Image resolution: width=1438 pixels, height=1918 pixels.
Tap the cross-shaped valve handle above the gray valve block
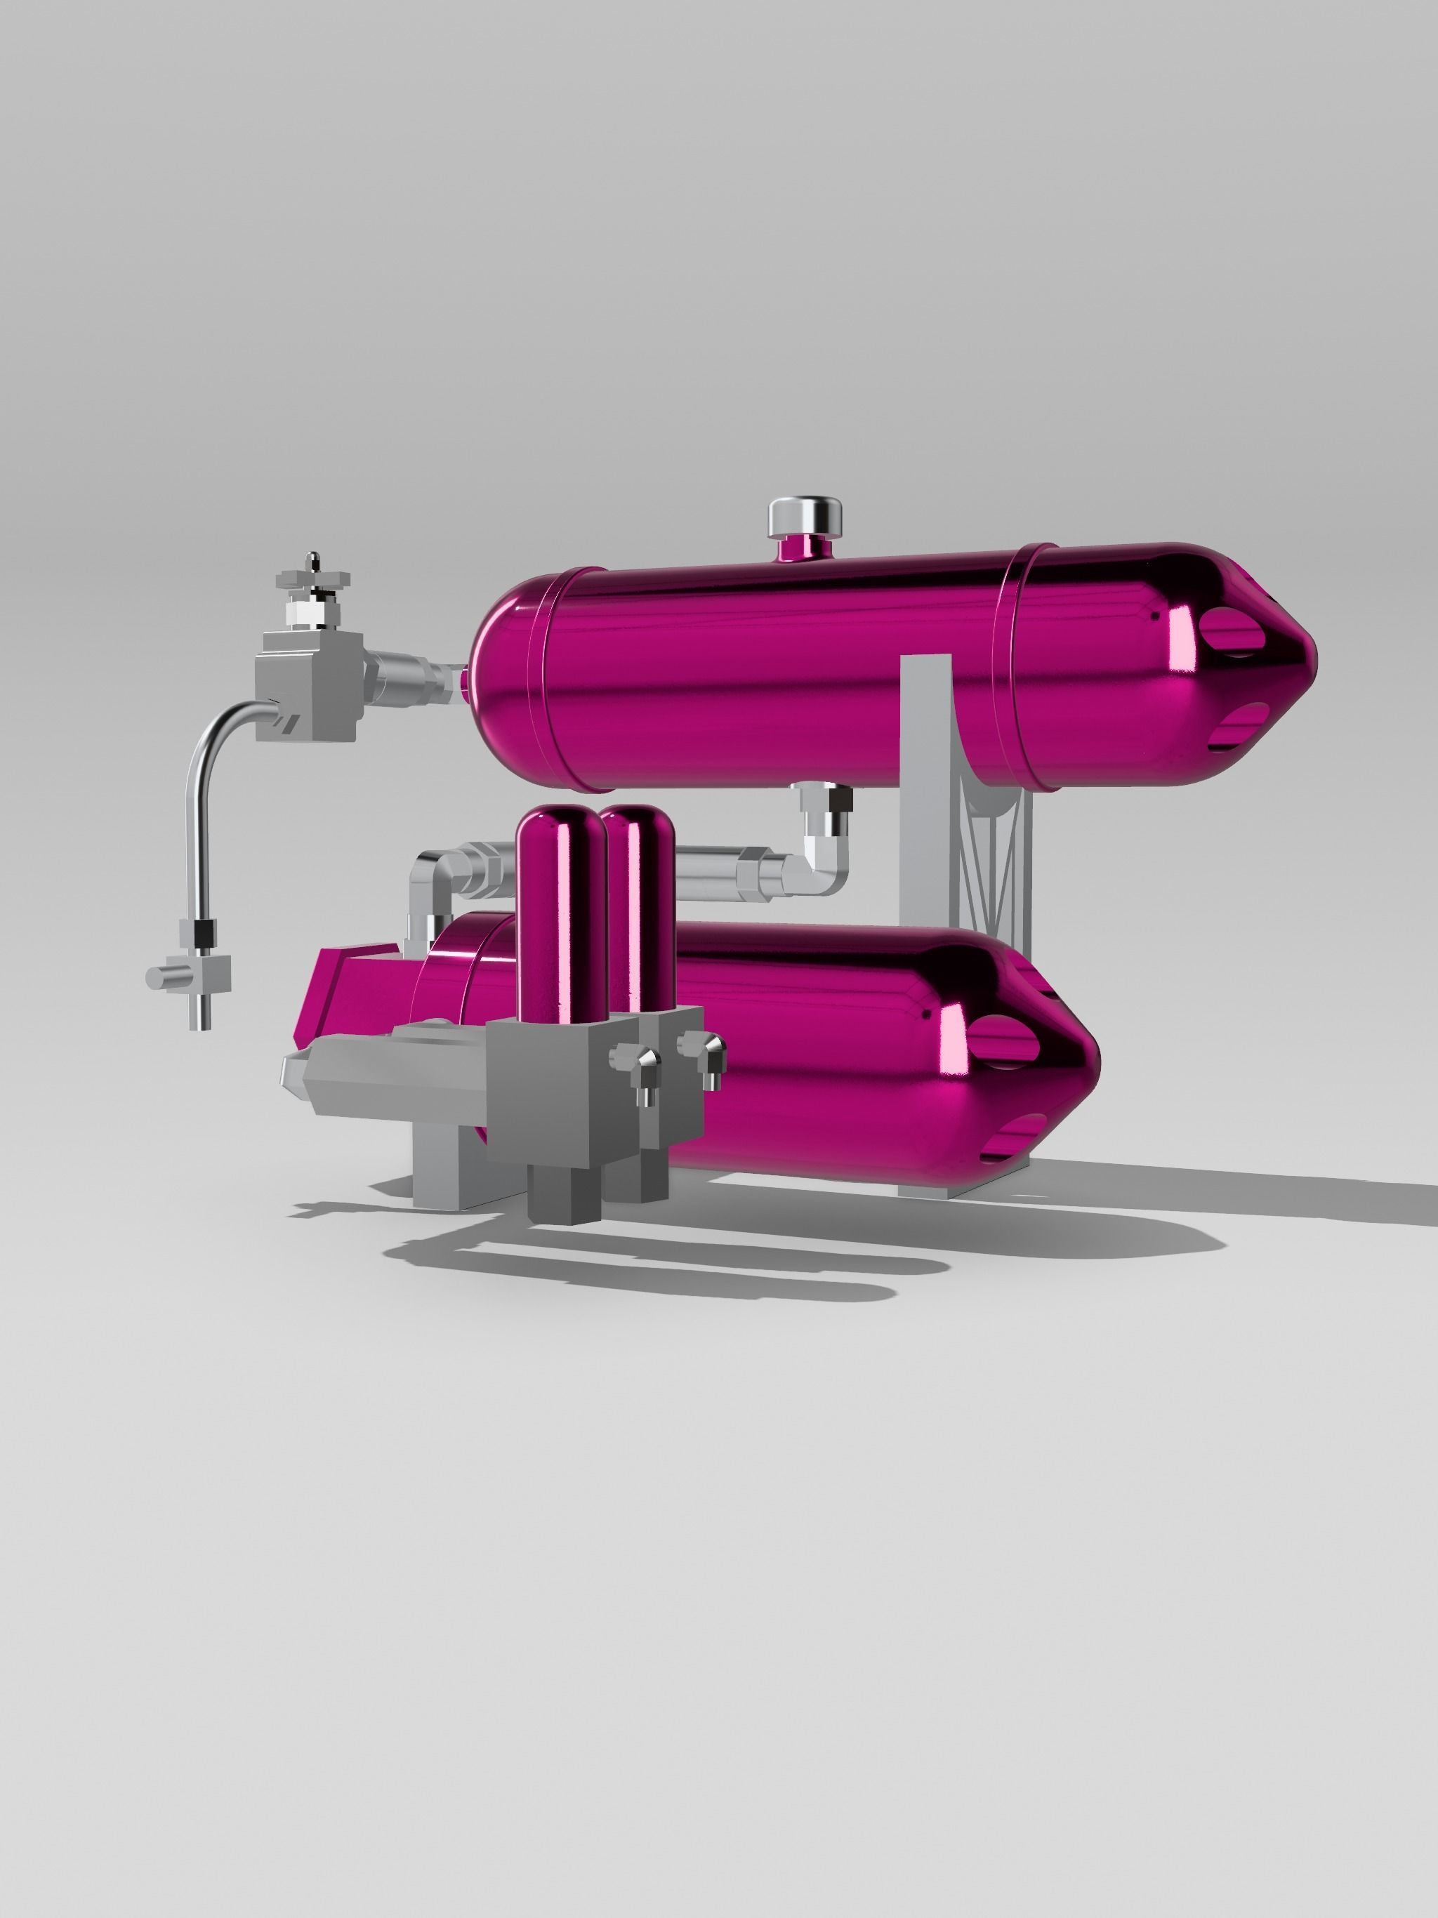tap(314, 579)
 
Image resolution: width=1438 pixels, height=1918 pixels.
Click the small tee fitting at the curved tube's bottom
tap(192, 974)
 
